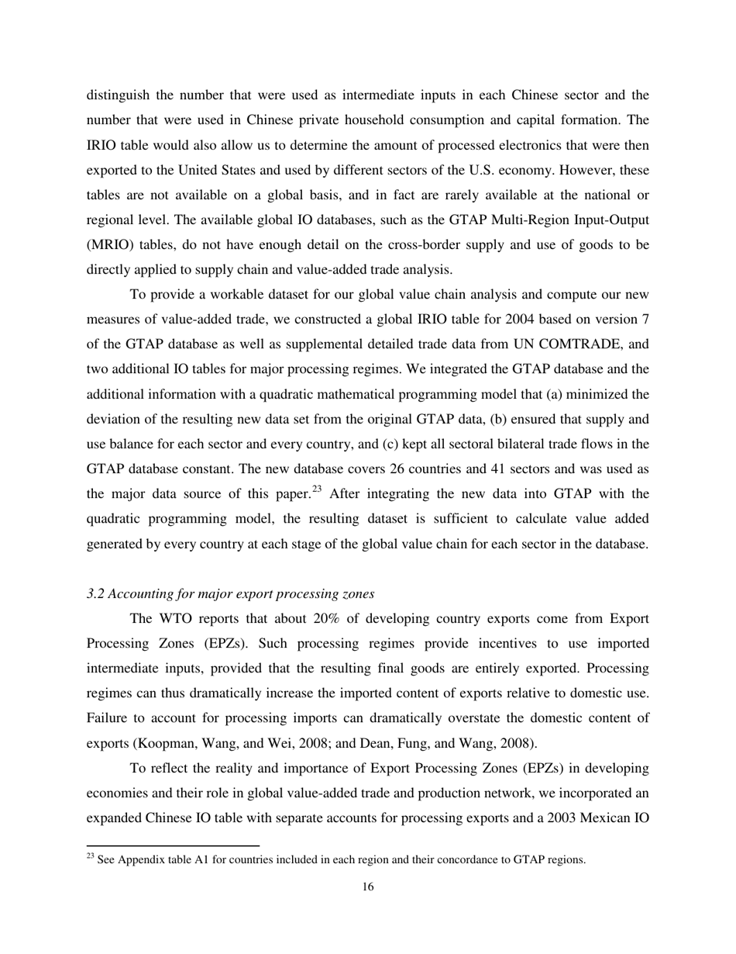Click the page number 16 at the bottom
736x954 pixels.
pos(368,887)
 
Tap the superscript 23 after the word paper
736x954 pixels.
pos(318,489)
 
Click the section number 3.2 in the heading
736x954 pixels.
pos(95,593)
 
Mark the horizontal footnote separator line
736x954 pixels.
pos(172,845)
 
